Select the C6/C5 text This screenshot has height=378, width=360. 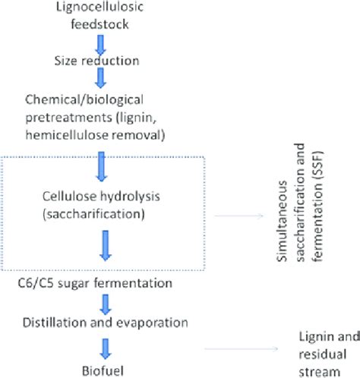tap(32, 283)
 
